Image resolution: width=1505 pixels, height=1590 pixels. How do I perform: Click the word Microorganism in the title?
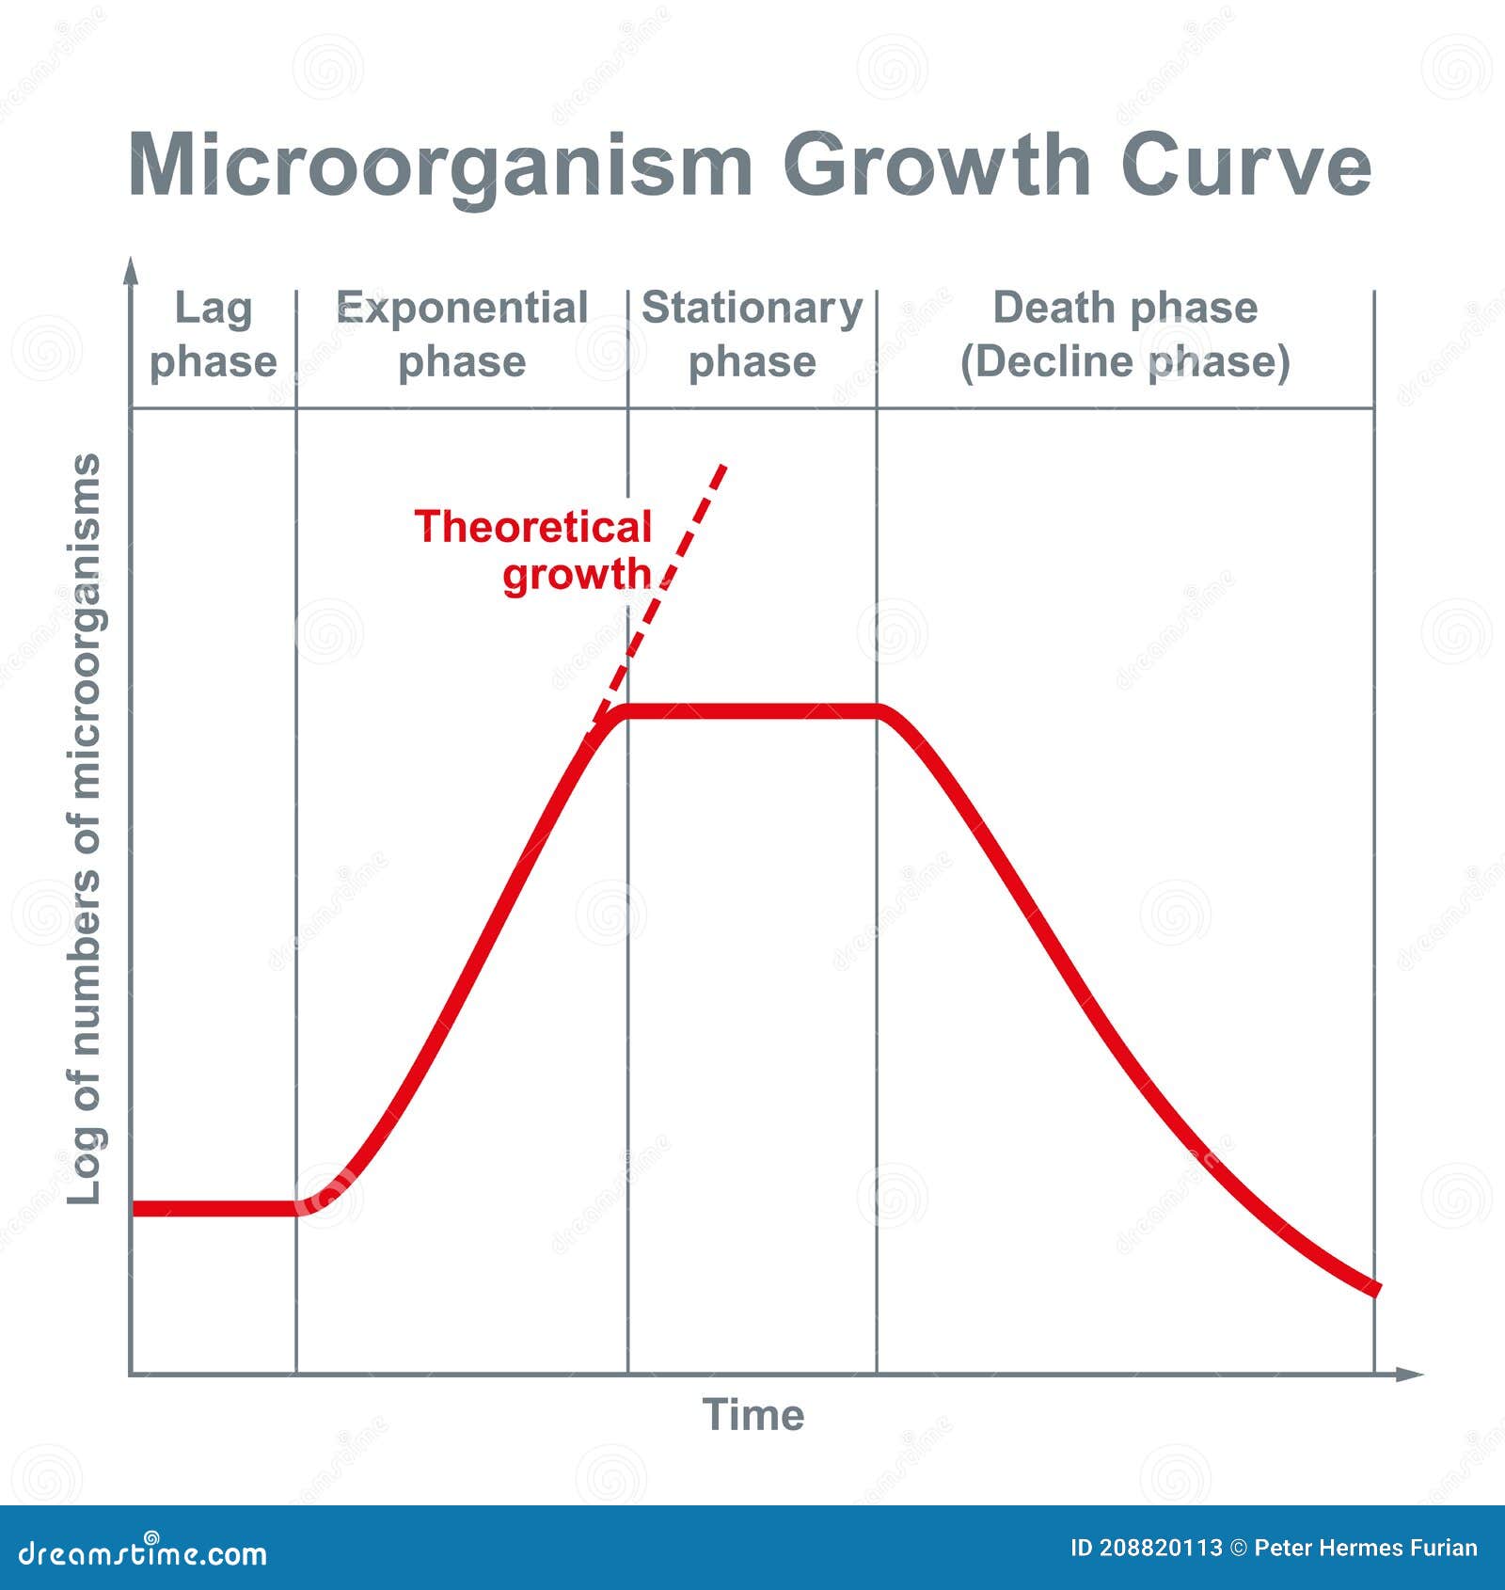point(440,167)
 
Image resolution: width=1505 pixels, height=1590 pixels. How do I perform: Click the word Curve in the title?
point(1245,166)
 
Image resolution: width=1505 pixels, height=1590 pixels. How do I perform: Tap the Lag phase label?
point(214,335)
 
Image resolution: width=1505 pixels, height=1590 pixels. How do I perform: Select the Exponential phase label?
point(462,335)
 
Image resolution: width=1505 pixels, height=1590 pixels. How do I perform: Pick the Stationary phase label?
point(752,335)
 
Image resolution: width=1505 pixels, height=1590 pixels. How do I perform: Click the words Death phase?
point(1125,308)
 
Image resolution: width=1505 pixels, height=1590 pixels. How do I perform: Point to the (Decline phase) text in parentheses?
point(1125,362)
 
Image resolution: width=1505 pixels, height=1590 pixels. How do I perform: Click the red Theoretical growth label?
point(534,550)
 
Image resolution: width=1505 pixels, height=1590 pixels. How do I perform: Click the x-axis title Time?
point(753,1415)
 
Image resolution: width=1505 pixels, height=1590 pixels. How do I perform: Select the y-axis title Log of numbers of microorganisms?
point(85,828)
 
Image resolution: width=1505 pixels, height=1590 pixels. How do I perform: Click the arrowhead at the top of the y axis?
point(132,270)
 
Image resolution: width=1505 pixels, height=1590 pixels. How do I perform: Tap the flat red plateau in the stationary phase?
point(752,711)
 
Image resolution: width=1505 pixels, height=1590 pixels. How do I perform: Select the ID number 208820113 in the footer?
point(1161,1549)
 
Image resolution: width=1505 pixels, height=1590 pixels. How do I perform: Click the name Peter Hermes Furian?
point(1366,1549)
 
